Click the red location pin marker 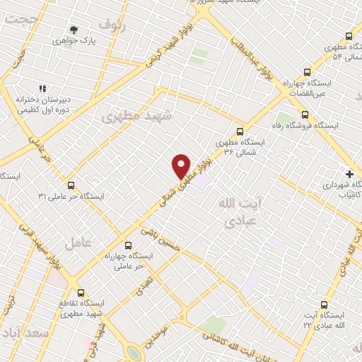point(182,165)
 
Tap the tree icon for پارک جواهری point(74,29)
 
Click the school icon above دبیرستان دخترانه point(42,88)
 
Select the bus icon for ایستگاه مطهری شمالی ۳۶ point(240,130)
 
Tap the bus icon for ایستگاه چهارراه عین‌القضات point(306,72)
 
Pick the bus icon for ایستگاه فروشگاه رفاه point(305,115)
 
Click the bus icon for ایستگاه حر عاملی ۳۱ point(70,185)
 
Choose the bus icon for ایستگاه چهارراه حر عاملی point(127,242)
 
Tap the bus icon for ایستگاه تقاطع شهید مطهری point(81,291)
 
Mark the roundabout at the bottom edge point(134,351)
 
